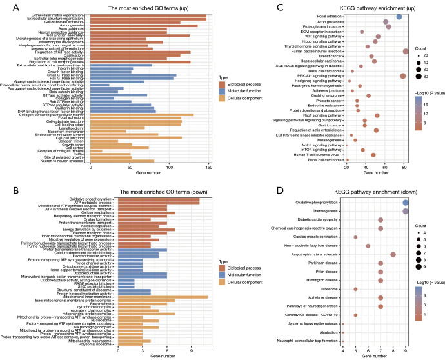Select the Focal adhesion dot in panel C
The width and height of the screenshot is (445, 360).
399,17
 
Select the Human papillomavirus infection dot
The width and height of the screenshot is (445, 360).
406,52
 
